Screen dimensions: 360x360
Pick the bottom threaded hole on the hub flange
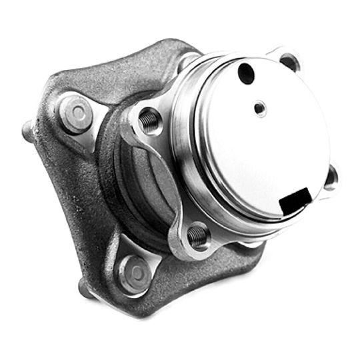198,235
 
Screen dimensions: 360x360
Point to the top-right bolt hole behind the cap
289,62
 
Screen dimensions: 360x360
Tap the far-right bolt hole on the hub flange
330,176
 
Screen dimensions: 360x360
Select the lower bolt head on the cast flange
135,272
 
